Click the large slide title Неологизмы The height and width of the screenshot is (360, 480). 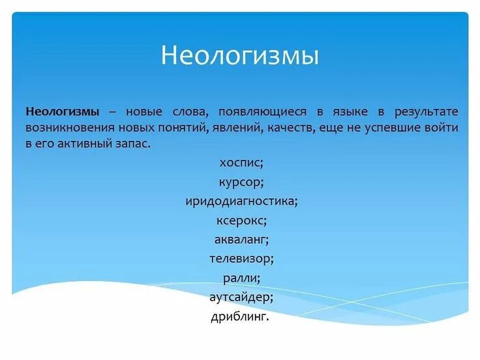pyautogui.click(x=240, y=55)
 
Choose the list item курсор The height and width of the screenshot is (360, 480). pyautogui.click(x=241, y=182)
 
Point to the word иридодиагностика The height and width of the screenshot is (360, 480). pyautogui.click(x=241, y=202)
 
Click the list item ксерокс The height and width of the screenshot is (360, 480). pyautogui.click(x=241, y=220)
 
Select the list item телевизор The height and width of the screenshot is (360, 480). pyautogui.click(x=241, y=259)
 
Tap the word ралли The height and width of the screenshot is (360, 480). pyautogui.click(x=241, y=278)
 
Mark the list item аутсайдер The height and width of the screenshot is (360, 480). pyautogui.click(x=241, y=297)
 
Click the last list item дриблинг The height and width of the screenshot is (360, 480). pyautogui.click(x=240, y=317)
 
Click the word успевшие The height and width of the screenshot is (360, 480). pyautogui.click(x=397, y=127)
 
